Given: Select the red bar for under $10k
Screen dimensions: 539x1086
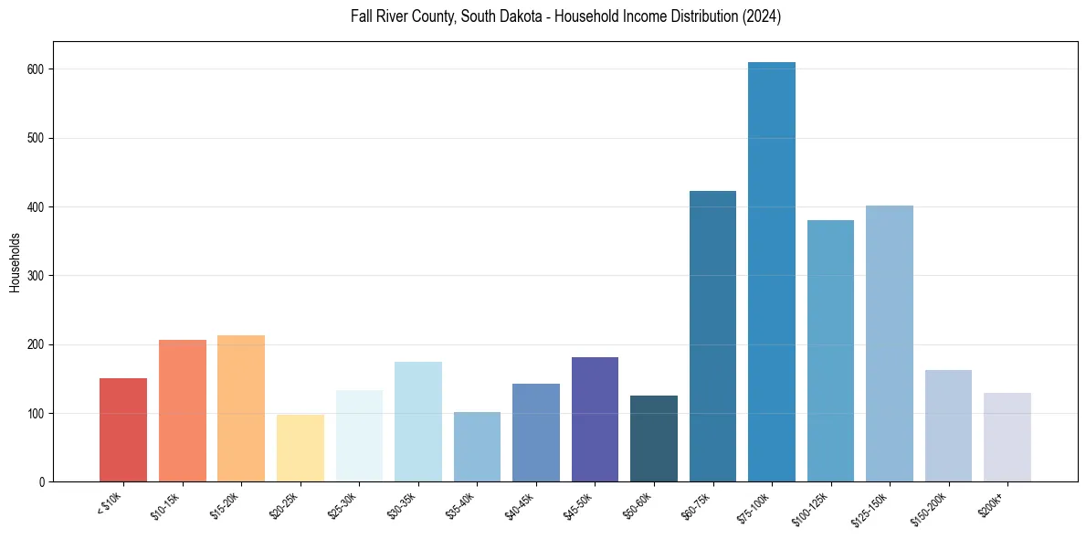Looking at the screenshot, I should [123, 429].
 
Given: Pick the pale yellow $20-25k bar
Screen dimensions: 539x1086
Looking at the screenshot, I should [300, 448].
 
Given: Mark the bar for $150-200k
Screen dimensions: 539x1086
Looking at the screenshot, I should [948, 426].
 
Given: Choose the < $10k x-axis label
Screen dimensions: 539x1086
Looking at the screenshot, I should [111, 505].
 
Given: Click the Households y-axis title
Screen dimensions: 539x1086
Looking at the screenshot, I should [16, 262].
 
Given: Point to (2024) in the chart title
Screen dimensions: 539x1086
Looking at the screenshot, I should [764, 16].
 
